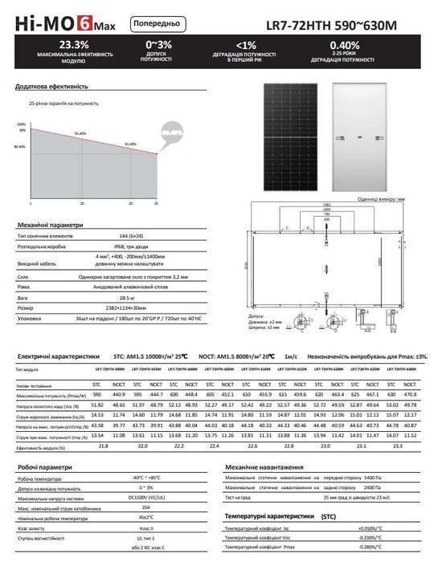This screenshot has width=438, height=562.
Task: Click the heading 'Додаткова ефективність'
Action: click(51, 86)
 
